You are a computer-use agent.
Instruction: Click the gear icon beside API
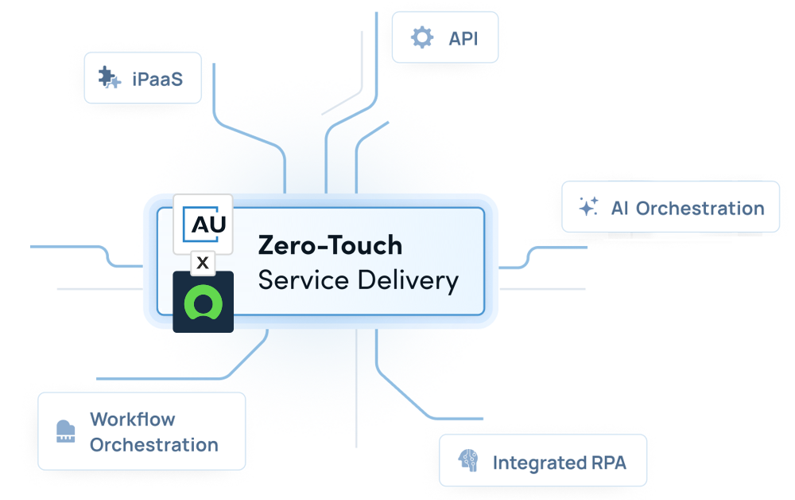tap(421, 37)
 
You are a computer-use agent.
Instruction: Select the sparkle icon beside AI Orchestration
tap(588, 208)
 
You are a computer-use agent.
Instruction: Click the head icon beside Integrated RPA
tap(467, 462)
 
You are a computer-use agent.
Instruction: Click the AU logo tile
tap(203, 224)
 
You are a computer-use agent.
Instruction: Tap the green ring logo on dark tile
tap(203, 303)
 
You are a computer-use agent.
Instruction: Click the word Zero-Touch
tap(330, 245)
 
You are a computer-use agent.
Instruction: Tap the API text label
tap(463, 37)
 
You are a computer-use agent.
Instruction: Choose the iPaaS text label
tap(157, 79)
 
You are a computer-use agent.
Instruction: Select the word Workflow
tap(133, 419)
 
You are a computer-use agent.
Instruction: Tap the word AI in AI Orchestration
tap(620, 208)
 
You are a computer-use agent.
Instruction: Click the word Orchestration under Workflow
tap(153, 444)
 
